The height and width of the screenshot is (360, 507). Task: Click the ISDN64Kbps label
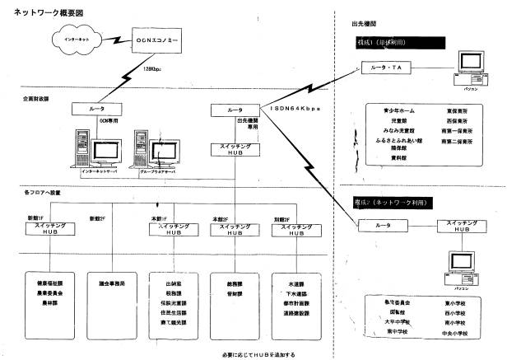coord(294,109)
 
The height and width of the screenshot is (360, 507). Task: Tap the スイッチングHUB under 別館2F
coord(293,229)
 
